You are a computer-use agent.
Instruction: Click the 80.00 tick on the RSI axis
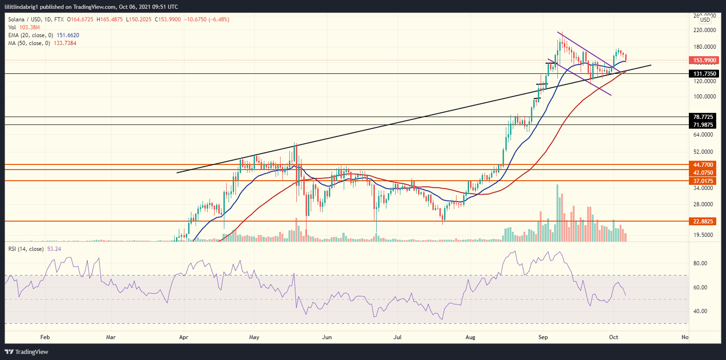point(701,263)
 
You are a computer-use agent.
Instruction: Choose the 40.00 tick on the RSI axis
point(701,311)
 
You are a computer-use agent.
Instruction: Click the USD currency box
point(705,20)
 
